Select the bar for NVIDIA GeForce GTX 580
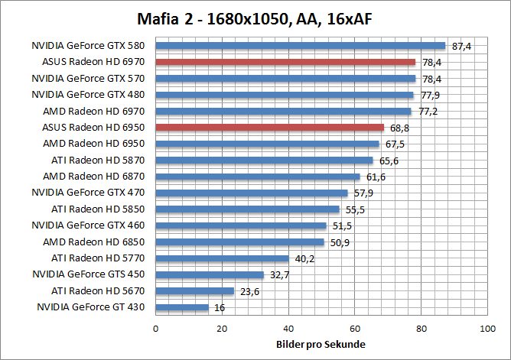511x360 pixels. pos(300,46)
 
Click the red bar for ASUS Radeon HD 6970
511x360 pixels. pos(285,62)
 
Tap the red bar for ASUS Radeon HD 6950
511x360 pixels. pos(269,127)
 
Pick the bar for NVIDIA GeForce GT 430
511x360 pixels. pos(182,307)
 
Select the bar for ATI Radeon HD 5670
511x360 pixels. pos(194,291)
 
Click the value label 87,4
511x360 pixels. pos(462,47)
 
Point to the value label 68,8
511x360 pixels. pos(400,128)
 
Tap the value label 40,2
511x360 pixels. pos(305,258)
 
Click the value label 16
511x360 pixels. pos(220,307)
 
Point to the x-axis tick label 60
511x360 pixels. pos(354,328)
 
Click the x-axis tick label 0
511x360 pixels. pos(155,328)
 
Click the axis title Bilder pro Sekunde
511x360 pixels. pos(321,344)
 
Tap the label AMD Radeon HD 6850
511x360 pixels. pos(96,242)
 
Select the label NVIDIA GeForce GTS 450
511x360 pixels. pos(87,274)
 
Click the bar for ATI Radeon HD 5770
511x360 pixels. pos(222,258)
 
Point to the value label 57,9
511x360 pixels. pos(364,193)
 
